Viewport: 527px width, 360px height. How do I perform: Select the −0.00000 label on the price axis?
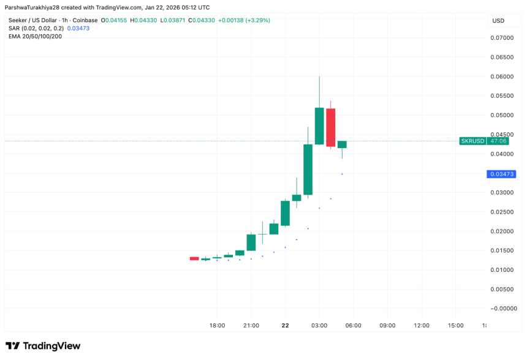point(500,309)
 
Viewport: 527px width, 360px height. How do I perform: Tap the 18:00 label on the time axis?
point(217,326)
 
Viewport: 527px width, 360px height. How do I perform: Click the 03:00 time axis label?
point(319,326)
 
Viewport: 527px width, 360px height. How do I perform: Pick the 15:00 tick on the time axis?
point(455,326)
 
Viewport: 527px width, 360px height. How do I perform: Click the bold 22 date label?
point(285,326)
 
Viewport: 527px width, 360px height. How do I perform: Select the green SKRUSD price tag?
point(472,141)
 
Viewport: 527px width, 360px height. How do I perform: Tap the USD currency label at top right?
point(498,21)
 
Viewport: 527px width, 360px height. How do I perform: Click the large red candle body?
point(331,127)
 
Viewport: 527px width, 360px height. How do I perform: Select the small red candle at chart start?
point(194,258)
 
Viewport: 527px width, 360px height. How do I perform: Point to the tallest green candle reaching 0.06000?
point(319,126)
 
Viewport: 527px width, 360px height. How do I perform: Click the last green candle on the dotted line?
point(342,144)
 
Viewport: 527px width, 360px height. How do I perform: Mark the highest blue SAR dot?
point(342,174)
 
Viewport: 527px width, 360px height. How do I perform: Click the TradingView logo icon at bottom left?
point(12,346)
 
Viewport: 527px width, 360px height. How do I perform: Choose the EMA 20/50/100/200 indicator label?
point(35,36)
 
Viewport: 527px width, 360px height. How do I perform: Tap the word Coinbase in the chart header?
point(84,20)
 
